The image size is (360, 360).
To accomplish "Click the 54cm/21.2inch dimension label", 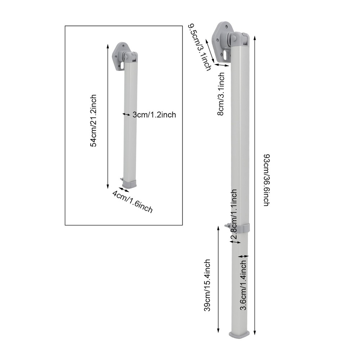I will tap(93, 120).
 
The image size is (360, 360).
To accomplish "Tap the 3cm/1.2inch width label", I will tap(154, 115).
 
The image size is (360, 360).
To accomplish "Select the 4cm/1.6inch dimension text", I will tap(132, 202).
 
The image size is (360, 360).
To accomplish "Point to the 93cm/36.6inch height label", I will tap(267, 180).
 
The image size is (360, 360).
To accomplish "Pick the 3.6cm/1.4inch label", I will tap(243, 286).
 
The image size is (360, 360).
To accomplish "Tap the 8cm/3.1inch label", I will tap(221, 94).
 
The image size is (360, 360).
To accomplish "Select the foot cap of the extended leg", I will tap(239, 334).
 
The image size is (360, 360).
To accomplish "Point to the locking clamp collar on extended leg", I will tap(239, 228).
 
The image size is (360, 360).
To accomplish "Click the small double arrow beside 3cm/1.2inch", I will tap(126, 114).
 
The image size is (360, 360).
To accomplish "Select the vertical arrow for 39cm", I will tap(218, 280).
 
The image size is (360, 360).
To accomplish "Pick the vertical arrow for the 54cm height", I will tap(108, 116).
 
